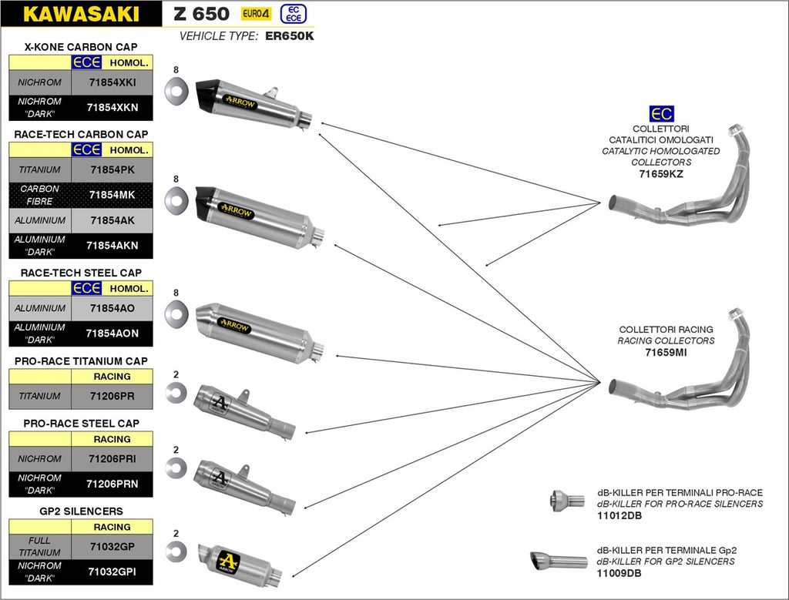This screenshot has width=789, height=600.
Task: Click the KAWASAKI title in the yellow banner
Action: pyautogui.click(x=81, y=14)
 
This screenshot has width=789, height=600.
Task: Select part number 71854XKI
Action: pyautogui.click(x=112, y=82)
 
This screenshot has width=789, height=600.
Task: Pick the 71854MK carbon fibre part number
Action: pyautogui.click(x=112, y=195)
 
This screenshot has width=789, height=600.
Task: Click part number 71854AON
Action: pyautogui.click(x=112, y=334)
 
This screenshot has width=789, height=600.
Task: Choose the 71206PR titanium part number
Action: pyautogui.click(x=112, y=396)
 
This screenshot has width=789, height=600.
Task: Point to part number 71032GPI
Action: pyautogui.click(x=112, y=572)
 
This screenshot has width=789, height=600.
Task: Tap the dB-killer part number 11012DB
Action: pyautogui.click(x=619, y=515)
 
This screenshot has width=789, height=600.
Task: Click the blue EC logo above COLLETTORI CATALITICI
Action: pyautogui.click(x=660, y=114)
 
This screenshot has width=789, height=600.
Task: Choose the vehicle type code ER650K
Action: pyautogui.click(x=290, y=35)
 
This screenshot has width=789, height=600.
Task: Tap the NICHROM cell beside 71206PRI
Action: pyautogui.click(x=40, y=458)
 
